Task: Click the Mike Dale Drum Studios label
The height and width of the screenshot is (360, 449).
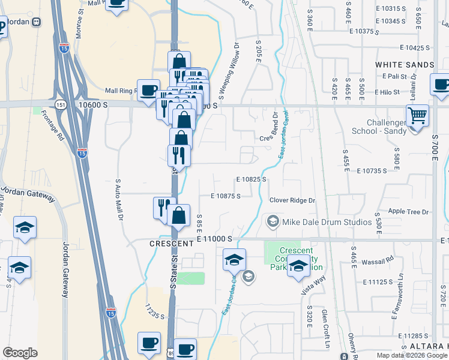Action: (x=327, y=222)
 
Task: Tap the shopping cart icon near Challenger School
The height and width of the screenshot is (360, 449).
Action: (x=417, y=115)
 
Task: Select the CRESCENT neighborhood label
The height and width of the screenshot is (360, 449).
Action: (x=170, y=244)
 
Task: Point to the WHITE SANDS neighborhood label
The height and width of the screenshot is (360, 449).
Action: (x=405, y=64)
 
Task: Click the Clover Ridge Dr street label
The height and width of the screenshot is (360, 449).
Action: (x=292, y=200)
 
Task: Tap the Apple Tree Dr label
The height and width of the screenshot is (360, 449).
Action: (x=409, y=212)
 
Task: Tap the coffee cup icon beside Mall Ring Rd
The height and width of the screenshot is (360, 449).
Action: (x=148, y=90)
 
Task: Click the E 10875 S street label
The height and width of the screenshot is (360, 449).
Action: (x=226, y=196)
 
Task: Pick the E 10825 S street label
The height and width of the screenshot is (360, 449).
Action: (x=251, y=179)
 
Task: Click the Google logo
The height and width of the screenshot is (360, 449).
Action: (x=20, y=353)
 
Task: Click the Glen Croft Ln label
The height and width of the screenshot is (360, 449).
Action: (x=325, y=329)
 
